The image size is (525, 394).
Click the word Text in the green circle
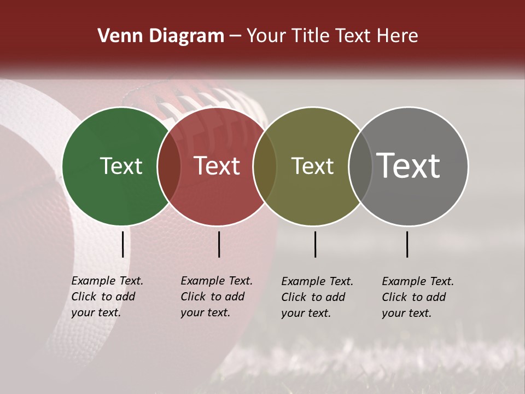(x=121, y=166)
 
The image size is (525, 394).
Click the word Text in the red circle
(x=217, y=166)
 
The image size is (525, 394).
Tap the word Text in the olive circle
(x=312, y=166)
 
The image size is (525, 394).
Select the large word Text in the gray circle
(x=409, y=165)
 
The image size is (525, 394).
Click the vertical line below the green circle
(x=123, y=244)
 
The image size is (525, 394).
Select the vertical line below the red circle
(x=219, y=244)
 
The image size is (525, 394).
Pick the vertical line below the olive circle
(x=316, y=244)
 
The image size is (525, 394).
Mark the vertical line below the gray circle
(x=407, y=244)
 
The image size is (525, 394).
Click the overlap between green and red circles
(x=169, y=166)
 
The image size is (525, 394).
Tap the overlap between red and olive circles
(x=265, y=166)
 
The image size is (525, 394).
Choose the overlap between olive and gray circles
(x=360, y=166)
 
